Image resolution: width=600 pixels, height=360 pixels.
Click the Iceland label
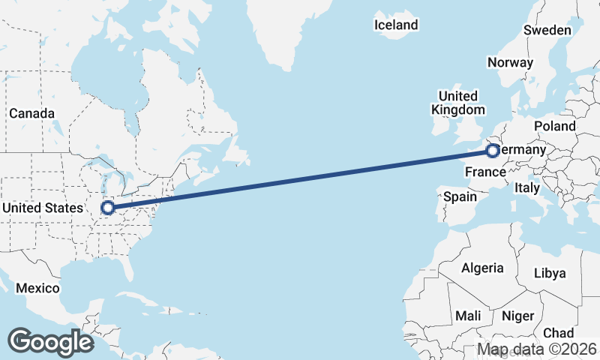[x=396, y=25]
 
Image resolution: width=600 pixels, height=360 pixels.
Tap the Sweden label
[x=547, y=30]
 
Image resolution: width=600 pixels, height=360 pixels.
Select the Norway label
[x=510, y=63]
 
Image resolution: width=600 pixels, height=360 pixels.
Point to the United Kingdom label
[x=457, y=103]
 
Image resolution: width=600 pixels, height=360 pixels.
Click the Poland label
[x=554, y=126]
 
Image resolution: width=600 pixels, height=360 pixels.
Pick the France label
[x=485, y=172]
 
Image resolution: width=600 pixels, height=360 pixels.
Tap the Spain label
[x=460, y=196]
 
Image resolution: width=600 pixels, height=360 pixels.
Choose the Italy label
[x=526, y=188]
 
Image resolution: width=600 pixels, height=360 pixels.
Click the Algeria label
[x=482, y=268]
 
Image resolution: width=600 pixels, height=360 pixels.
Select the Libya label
[x=550, y=273]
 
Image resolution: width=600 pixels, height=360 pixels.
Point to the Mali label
[x=468, y=316]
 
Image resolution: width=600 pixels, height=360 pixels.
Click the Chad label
[x=558, y=333]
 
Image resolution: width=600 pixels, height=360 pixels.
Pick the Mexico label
[x=37, y=288]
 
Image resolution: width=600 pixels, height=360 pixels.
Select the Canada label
[x=31, y=113]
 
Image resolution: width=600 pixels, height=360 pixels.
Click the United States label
[x=43, y=208]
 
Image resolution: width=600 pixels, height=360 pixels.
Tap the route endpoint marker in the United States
[x=107, y=207]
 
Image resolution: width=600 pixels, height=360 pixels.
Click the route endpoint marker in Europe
[x=492, y=151]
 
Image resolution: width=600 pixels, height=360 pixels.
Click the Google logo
[x=50, y=342]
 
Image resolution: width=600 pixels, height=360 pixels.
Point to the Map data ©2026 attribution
[x=537, y=349]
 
